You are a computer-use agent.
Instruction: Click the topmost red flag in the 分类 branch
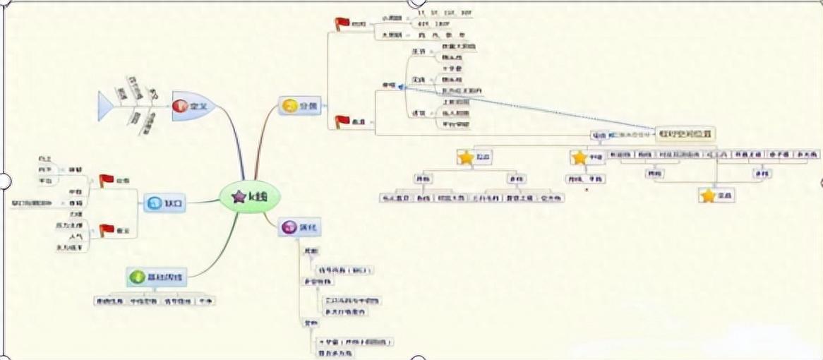tap(342, 24)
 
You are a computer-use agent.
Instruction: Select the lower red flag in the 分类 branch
tap(342, 121)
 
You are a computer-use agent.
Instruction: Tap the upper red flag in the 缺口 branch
tap(106, 181)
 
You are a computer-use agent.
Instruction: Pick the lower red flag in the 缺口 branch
tap(106, 230)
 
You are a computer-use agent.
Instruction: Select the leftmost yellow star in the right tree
tap(465, 157)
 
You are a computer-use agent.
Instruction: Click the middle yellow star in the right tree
tap(579, 157)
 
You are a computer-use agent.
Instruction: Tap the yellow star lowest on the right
tap(708, 196)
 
